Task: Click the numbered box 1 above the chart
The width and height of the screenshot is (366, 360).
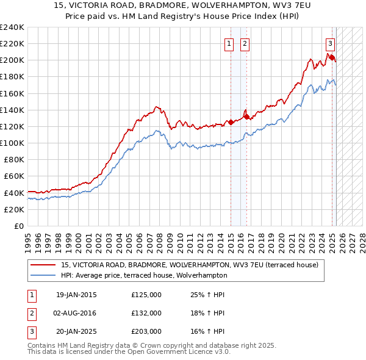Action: (229, 43)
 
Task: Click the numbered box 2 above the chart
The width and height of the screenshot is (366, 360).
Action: (245, 43)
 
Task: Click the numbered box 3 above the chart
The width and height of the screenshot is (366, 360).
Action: (330, 43)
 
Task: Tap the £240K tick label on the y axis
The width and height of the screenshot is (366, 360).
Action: (12, 27)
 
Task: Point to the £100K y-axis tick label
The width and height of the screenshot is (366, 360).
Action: (12, 143)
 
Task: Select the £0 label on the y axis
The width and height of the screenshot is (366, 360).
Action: (19, 226)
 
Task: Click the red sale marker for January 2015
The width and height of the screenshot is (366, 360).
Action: (231, 122)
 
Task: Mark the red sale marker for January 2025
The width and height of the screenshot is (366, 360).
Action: (332, 57)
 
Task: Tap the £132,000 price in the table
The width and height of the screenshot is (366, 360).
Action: (146, 312)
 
